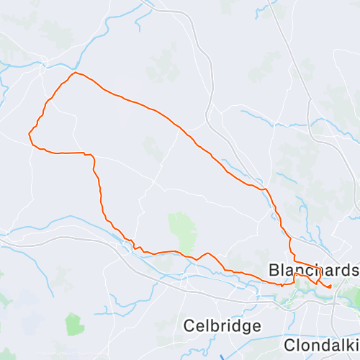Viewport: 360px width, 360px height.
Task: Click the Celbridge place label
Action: [x=222, y=325]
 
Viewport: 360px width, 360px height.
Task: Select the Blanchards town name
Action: [x=313, y=270]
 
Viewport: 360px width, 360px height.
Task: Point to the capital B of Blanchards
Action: [x=274, y=270]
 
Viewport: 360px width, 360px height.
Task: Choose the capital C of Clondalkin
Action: [x=289, y=344]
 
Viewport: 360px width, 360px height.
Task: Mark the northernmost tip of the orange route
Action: [x=74, y=72]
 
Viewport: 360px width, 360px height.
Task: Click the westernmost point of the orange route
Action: [x=29, y=133]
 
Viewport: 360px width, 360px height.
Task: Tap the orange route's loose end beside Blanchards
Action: [x=330, y=287]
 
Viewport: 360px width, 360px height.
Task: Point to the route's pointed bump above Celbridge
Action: [x=207, y=253]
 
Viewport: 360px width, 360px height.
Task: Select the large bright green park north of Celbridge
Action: [x=183, y=229]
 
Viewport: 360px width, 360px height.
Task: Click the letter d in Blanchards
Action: [x=346, y=270]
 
